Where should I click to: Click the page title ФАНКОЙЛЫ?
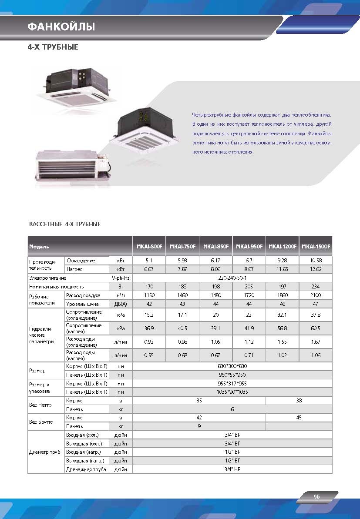coord(61,27)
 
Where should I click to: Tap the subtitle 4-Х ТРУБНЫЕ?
coord(53,47)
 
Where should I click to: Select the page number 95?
coord(316,497)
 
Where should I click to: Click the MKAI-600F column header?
coord(149,247)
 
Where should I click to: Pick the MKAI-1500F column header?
coord(316,247)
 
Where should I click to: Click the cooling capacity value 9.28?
coord(283,261)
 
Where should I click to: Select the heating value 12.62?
coord(316,269)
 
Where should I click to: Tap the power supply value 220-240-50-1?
coord(232,278)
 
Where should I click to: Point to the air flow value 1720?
coord(249,295)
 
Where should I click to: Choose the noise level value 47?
coord(316,304)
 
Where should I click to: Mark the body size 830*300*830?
coord(232,366)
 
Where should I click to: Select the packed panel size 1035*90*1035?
coord(232,392)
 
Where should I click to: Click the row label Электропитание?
coord(47,278)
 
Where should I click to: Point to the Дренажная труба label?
coord(86,469)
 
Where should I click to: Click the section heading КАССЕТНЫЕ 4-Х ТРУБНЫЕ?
coord(64,224)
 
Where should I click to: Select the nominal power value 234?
coord(316,287)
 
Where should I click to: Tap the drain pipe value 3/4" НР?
coord(232,469)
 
